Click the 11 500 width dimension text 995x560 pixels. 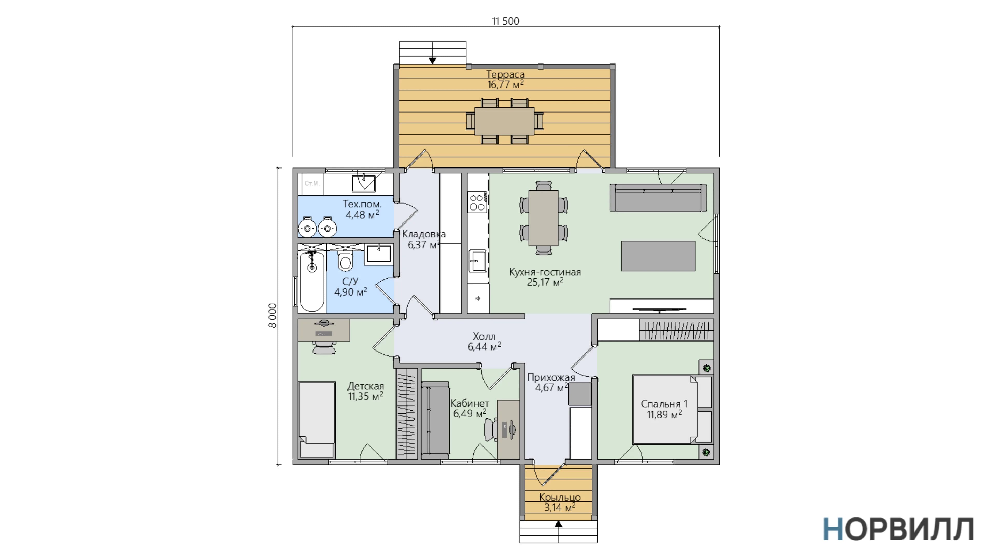coord(505,21)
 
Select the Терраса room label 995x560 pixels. coord(505,74)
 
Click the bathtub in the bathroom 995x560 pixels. coord(312,281)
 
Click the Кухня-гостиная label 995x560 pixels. coord(545,272)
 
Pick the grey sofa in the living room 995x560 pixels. coord(658,198)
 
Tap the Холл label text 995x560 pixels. coord(484,337)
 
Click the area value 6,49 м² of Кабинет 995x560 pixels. coord(469,414)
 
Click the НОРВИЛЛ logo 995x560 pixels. coord(898,529)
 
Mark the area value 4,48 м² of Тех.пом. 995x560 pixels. coord(362,214)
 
